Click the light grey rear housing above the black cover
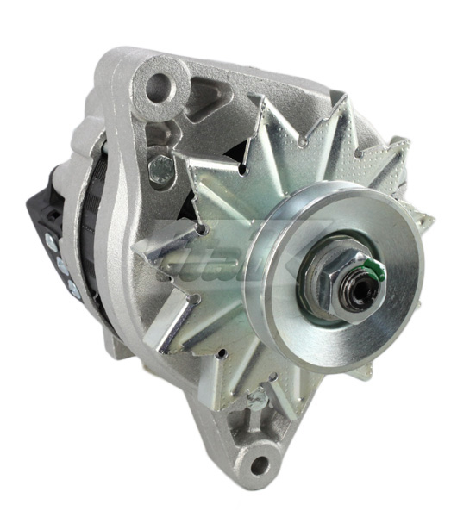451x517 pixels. click(x=91, y=129)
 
